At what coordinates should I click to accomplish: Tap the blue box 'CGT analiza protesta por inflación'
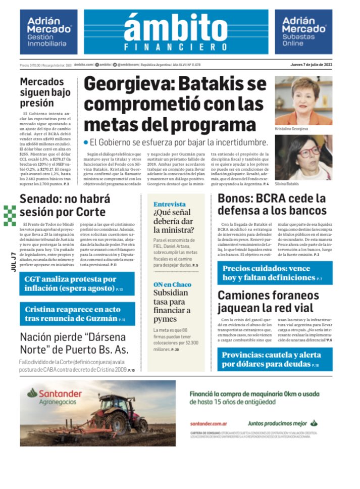point(78,284)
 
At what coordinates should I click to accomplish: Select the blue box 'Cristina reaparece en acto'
point(78,314)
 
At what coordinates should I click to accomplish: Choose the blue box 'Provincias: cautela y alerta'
point(275,359)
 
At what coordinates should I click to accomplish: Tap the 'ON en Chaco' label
point(172,284)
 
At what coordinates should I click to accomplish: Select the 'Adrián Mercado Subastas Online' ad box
point(303,31)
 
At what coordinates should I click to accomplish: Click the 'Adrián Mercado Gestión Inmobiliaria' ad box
point(48,31)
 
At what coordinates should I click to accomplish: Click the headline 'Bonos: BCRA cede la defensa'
point(272,204)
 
